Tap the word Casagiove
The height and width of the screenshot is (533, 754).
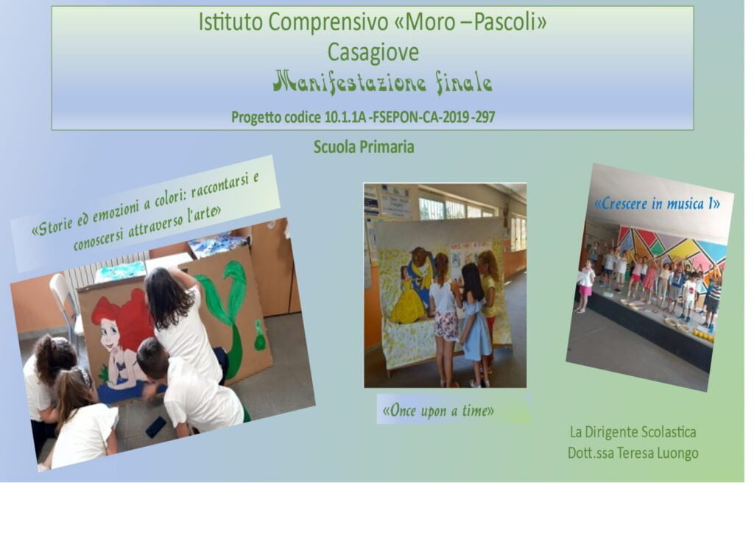tap(373, 52)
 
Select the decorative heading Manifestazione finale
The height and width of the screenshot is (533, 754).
tap(382, 82)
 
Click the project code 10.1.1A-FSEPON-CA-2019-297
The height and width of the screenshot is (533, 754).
tap(409, 117)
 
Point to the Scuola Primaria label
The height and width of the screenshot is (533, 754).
tap(364, 147)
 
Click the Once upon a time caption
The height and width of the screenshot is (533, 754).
tap(438, 411)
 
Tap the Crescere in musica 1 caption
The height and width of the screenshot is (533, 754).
tap(657, 204)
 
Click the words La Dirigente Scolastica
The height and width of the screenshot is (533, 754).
tap(633, 432)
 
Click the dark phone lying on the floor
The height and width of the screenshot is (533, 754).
tap(156, 427)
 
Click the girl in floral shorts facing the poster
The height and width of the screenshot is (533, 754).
tap(444, 318)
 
